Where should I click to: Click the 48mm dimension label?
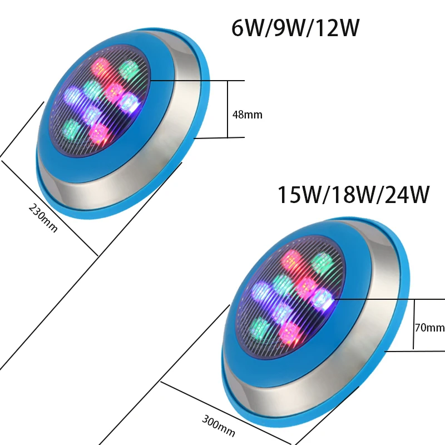[247, 115]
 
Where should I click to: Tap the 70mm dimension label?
[429, 328]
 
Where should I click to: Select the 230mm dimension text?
[43, 218]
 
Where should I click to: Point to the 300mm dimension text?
[218, 426]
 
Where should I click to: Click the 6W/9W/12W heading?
[295, 28]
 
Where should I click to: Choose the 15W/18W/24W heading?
[353, 195]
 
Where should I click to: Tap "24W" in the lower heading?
[407, 195]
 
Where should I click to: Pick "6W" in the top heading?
[245, 28]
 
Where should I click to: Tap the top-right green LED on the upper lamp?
[128, 69]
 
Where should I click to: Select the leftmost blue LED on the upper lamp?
[72, 95]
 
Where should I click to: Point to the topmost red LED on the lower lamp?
[290, 259]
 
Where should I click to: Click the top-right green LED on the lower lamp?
[322, 261]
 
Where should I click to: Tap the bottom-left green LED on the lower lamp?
[259, 328]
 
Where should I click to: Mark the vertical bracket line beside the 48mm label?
[228, 109]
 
